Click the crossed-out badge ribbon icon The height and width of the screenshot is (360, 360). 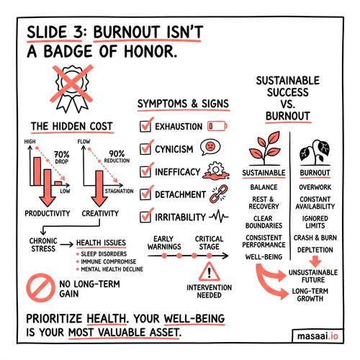pos(71,89)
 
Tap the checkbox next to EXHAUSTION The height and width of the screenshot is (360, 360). pos(145,126)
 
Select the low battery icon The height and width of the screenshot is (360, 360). pos(217,126)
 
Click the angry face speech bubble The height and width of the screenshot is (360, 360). pos(210,147)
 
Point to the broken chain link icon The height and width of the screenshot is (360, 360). pos(219,194)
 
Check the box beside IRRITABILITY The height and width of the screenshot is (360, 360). pos(145,217)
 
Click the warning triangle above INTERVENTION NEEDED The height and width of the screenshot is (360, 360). pos(210,271)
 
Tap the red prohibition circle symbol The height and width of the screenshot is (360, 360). pos(40,288)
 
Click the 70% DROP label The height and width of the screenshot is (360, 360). pos(61,158)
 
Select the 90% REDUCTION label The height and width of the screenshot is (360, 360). pos(117,157)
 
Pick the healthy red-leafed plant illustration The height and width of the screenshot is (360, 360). pos(264,148)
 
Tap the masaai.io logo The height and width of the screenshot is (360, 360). pos(318,336)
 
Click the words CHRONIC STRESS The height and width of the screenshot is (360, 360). pos(43,245)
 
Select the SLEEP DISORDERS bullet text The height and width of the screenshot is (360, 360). pos(104,254)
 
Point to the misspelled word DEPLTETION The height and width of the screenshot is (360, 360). pos(315,250)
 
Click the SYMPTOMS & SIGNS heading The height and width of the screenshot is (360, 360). pos(183,104)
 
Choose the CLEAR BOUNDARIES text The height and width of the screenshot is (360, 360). pos(264,222)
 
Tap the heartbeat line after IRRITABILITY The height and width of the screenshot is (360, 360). pos(219,217)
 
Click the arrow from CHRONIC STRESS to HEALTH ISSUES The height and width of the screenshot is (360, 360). pos(66,245)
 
